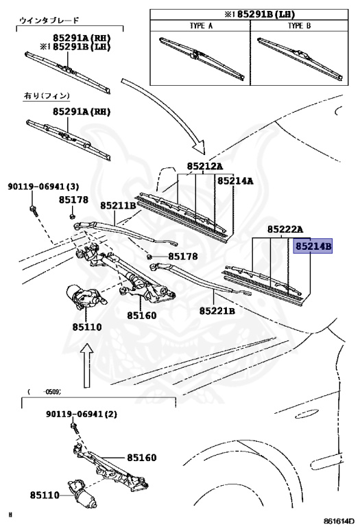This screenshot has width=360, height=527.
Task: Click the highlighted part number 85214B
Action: pos(313,246)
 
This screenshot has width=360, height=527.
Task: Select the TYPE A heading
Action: pos(201,25)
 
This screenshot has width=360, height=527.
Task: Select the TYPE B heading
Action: pos(299,25)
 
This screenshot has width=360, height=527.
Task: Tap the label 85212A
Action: pos(205,166)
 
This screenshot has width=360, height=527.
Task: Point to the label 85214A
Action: pos(235,181)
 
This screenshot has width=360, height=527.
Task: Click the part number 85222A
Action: pos(285,230)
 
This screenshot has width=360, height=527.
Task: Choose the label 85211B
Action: pos(118,205)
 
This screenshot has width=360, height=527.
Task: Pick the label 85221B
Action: pos(217,311)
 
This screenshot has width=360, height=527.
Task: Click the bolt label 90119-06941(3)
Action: pos(44,186)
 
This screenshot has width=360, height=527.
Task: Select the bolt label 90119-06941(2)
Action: pos(82,414)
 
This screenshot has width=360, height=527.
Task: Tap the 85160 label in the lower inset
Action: pos(142,458)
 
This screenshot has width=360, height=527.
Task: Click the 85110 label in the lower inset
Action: pos(45,495)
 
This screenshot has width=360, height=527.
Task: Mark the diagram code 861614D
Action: pos(339,522)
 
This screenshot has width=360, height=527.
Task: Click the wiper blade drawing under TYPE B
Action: pos(300,59)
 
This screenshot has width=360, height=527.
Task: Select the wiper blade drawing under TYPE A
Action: pos(202,59)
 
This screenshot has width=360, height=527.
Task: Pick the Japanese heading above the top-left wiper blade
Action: pos(49,21)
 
